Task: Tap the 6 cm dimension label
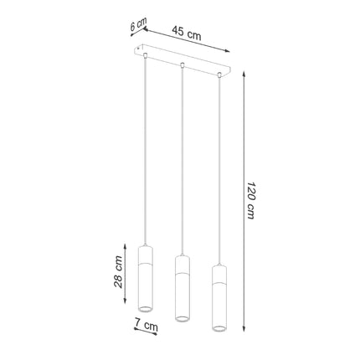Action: [136, 27]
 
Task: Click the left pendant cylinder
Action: [143, 280]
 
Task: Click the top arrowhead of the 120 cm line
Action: [243, 75]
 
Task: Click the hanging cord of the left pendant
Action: [144, 151]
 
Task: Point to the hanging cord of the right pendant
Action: [219, 167]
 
